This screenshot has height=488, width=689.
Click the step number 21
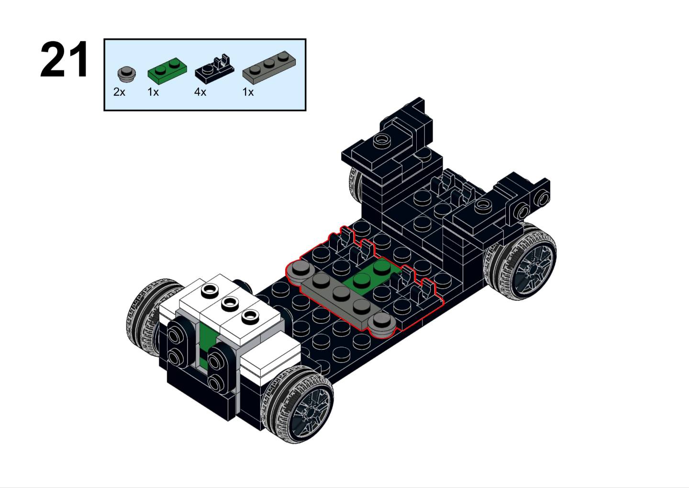64,59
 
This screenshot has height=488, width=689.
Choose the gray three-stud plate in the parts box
269,68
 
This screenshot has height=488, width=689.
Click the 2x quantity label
119,92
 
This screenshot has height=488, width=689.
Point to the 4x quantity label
200,92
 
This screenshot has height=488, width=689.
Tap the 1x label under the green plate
153,92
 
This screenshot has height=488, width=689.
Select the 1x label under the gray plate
248,92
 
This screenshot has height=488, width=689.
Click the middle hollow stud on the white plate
230,303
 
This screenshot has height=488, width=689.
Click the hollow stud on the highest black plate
381,140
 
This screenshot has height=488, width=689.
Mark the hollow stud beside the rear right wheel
483,206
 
